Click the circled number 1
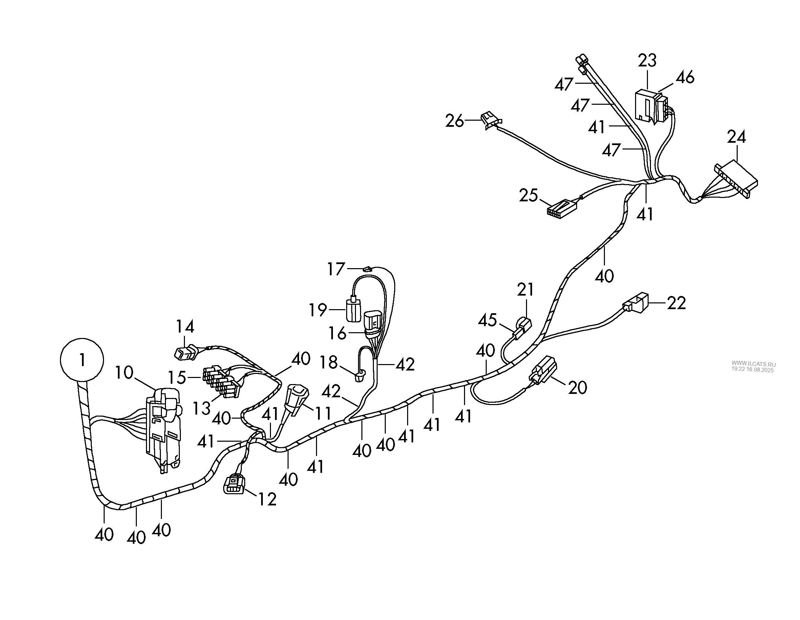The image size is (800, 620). pyautogui.click(x=82, y=360)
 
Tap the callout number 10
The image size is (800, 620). pyautogui.click(x=124, y=373)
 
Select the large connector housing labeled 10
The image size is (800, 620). pyautogui.click(x=164, y=427)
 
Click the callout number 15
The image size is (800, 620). pyautogui.click(x=177, y=377)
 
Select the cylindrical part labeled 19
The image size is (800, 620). pyautogui.click(x=354, y=310)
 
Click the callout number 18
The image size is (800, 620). pyautogui.click(x=329, y=363)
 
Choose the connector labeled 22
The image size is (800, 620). pyautogui.click(x=637, y=303)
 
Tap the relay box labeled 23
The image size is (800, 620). pyautogui.click(x=646, y=106)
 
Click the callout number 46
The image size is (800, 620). pyautogui.click(x=685, y=77)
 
